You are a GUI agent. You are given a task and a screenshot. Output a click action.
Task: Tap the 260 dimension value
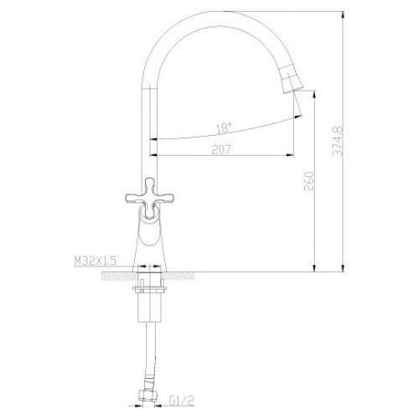(309, 181)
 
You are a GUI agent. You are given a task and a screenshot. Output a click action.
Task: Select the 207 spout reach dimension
(221, 150)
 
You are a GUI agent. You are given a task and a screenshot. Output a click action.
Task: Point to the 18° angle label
(224, 128)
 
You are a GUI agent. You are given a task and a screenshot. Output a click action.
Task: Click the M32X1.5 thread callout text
(95, 261)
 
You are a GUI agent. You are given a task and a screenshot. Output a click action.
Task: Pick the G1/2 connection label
(181, 401)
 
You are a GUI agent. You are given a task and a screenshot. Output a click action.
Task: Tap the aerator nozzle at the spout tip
(291, 80)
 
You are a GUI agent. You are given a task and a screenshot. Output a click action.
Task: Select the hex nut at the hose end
(147, 396)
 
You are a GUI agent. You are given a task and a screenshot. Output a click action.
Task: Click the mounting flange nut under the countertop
(150, 288)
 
